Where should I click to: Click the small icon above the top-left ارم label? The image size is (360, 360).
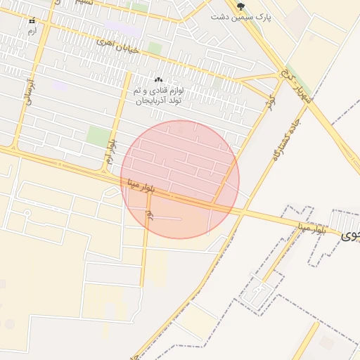(x=32, y=22)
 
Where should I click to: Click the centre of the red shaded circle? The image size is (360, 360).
(x=180, y=179)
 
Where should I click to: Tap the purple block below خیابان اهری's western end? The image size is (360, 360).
(x=60, y=86)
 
